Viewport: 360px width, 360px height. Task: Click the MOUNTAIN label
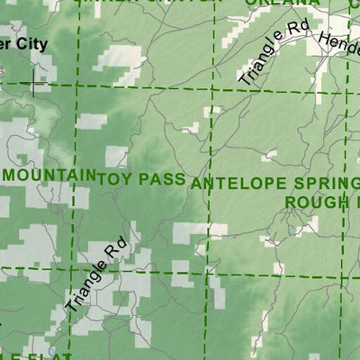pos(49,173)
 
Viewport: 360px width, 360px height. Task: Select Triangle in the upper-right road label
pos(261,63)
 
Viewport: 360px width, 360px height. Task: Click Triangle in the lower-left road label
pos(85,289)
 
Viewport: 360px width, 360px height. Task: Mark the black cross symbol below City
pos(34,85)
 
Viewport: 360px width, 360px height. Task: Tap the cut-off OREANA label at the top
pos(268,3)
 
